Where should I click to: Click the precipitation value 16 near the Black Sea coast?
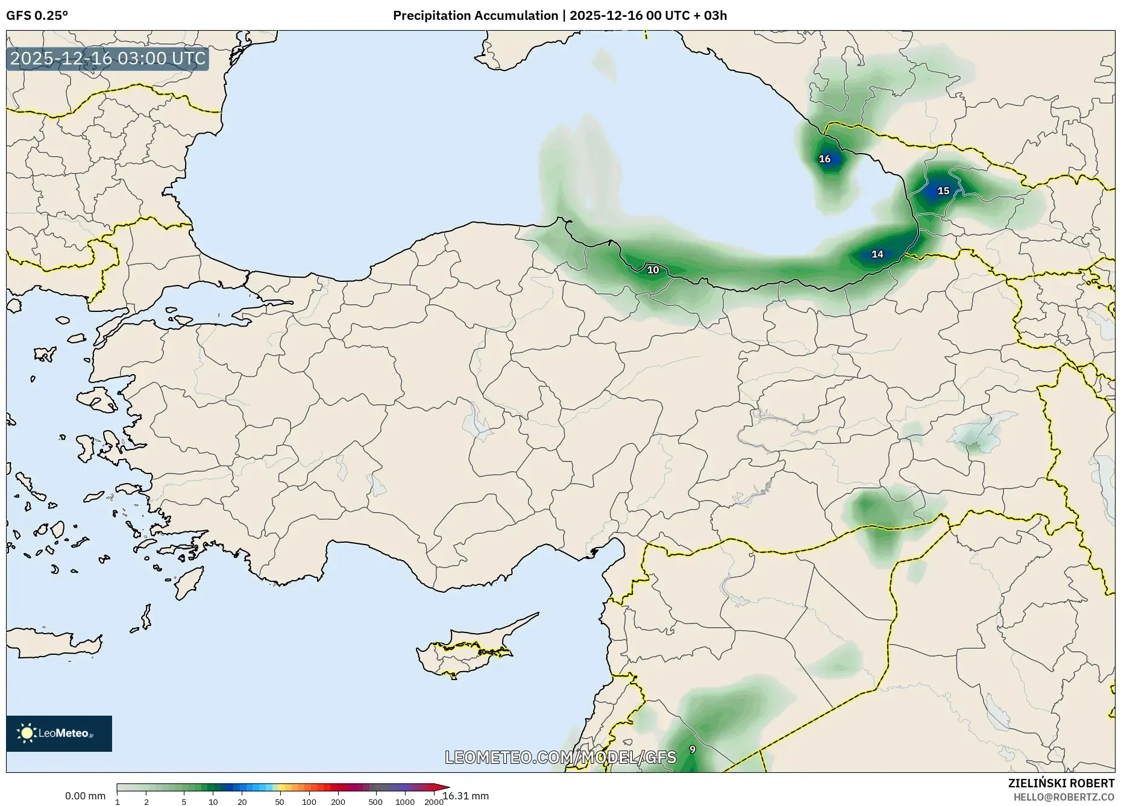[x=824, y=159]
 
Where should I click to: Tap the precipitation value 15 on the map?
[x=943, y=191]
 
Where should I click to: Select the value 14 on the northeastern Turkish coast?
[x=878, y=254]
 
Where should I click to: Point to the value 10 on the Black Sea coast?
[x=653, y=270]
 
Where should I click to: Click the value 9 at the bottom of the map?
[x=692, y=749]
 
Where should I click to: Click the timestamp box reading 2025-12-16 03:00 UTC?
[x=108, y=58]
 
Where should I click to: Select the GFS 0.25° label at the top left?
[x=37, y=16]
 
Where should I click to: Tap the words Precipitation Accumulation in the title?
[x=476, y=16]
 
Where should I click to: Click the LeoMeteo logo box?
[x=59, y=733]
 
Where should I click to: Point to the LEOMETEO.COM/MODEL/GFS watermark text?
[x=560, y=757]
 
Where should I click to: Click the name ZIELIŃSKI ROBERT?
[x=1061, y=783]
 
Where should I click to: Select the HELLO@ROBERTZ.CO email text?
[x=1064, y=797]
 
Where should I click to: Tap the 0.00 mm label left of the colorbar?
[x=85, y=796]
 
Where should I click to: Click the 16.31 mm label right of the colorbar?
[x=466, y=796]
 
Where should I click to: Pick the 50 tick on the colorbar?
[x=279, y=802]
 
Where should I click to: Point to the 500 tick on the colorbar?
[x=375, y=802]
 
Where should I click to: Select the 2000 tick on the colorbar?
[x=434, y=802]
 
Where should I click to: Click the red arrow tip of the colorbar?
[x=446, y=787]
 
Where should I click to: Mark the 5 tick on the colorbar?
[x=184, y=802]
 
